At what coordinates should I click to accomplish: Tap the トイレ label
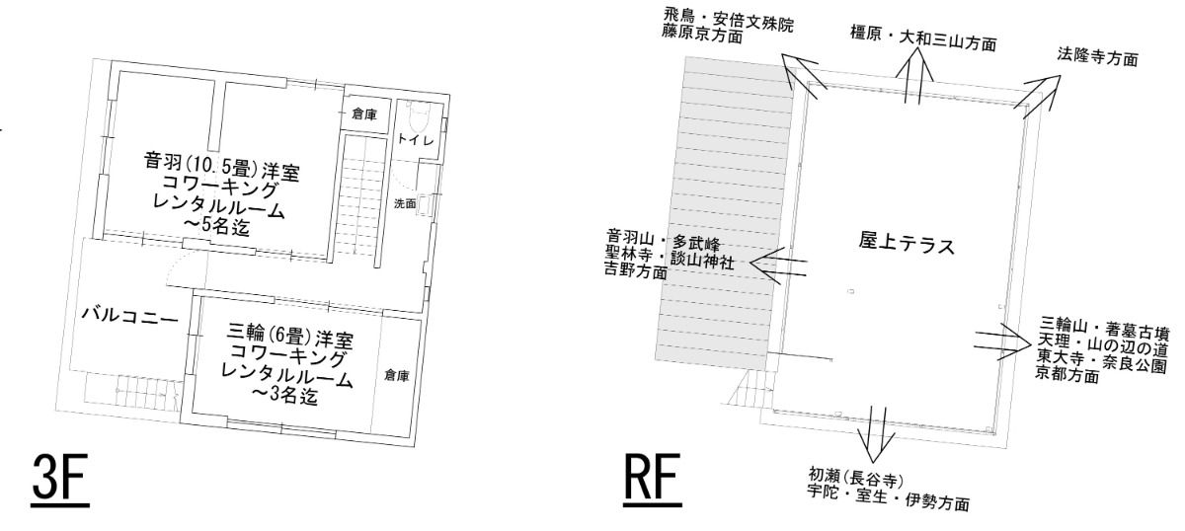click(x=416, y=139)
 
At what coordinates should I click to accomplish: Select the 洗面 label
click(x=405, y=203)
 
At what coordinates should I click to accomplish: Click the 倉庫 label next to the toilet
click(x=364, y=114)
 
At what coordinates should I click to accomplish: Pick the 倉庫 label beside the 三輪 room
click(x=397, y=375)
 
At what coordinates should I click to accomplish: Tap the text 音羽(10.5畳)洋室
click(x=221, y=165)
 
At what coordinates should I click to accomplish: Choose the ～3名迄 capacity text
click(x=285, y=395)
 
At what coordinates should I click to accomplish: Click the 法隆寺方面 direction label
click(x=1098, y=57)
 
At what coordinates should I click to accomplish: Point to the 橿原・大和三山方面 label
click(x=923, y=38)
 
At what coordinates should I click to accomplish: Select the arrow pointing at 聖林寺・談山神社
click(x=778, y=266)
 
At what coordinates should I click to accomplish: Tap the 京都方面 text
click(x=1067, y=374)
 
